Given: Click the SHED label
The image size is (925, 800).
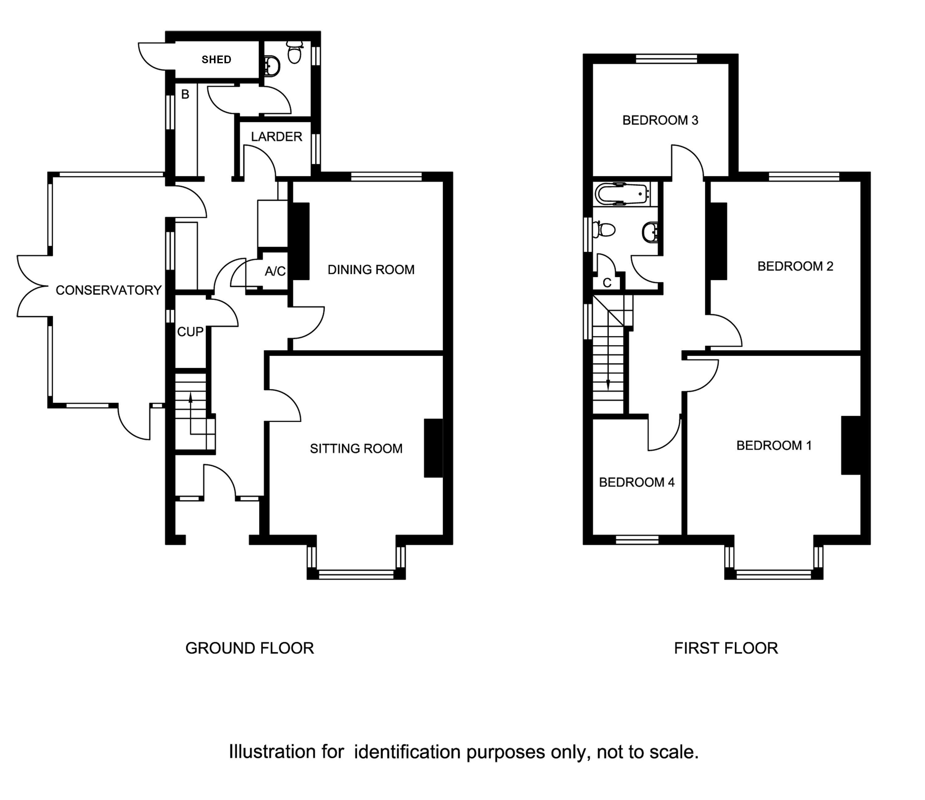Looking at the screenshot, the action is (x=216, y=60).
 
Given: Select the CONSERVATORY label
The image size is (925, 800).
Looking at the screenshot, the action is (x=109, y=290).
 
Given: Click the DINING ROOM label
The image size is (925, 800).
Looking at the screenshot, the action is (x=371, y=270).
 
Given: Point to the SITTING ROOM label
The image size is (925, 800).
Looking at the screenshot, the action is (x=356, y=449).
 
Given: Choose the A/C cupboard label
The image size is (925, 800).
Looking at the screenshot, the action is (x=275, y=271).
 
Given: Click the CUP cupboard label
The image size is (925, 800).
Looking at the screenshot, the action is (x=190, y=332).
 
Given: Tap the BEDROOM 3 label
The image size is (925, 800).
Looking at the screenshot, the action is (x=660, y=120).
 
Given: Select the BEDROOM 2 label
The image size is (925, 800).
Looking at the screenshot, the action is (x=795, y=266).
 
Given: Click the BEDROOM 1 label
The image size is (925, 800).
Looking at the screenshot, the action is (x=774, y=445).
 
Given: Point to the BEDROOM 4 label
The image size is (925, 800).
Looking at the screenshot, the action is (x=637, y=483).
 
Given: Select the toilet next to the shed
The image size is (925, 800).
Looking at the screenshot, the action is (x=294, y=53).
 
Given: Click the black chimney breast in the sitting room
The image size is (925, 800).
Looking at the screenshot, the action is (x=433, y=448).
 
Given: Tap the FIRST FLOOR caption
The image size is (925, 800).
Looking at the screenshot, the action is (x=726, y=648).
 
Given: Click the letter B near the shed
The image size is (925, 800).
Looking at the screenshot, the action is (x=185, y=94).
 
